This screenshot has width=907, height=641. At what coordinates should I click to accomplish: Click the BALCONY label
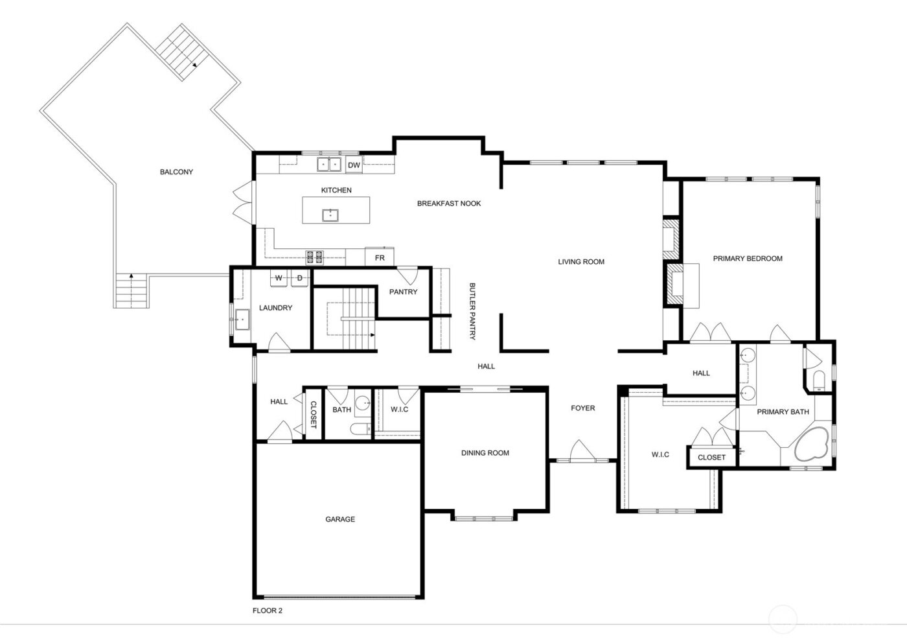[x=176, y=172]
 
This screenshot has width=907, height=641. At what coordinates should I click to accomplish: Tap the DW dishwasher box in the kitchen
[x=353, y=165]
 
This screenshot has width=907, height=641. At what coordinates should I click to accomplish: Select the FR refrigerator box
[x=380, y=257]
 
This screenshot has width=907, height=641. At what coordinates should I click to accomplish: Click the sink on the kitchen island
[x=330, y=214]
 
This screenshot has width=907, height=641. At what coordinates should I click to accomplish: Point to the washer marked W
[x=279, y=278]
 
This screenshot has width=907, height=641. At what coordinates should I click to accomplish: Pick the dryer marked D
[x=299, y=278]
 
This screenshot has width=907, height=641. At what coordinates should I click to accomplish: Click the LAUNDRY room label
[x=275, y=308]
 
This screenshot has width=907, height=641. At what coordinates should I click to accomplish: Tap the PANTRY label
[x=403, y=292]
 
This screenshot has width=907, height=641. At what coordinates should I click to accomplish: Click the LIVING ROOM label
[x=581, y=262]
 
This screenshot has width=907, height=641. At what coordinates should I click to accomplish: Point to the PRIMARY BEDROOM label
[x=748, y=258]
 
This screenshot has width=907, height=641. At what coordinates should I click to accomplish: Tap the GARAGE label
[x=339, y=519]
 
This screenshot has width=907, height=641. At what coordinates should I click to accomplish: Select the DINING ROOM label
[x=485, y=453]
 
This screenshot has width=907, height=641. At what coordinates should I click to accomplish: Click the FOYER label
[x=582, y=408]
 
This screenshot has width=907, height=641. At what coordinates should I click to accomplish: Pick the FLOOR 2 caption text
[x=267, y=611]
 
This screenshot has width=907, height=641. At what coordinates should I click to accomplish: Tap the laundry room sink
[x=242, y=319]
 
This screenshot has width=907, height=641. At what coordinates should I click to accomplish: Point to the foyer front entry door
[x=580, y=453]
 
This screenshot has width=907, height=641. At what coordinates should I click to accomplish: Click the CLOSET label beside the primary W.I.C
[x=711, y=457]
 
